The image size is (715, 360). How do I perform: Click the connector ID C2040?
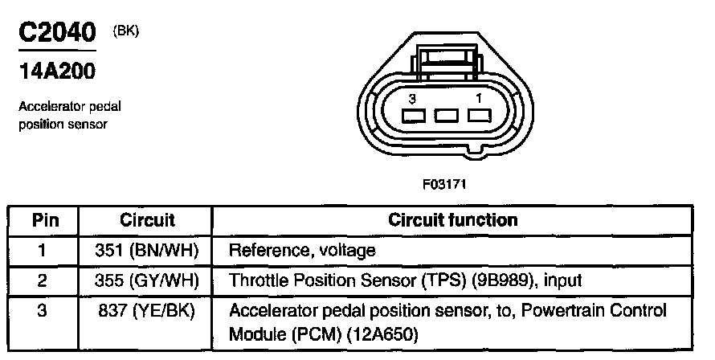pyautogui.click(x=58, y=32)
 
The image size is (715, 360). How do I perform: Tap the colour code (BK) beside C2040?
pyautogui.click(x=125, y=31)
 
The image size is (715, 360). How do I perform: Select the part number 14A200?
pyautogui.click(x=57, y=72)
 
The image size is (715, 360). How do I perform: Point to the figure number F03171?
pyautogui.click(x=444, y=184)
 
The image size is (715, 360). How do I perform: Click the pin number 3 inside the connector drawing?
pyautogui.click(x=412, y=99)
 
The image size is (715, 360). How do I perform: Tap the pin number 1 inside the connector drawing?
pyautogui.click(x=479, y=98)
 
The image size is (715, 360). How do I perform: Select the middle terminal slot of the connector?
pyautogui.click(x=447, y=116)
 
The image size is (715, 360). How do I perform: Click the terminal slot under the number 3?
pyautogui.click(x=413, y=116)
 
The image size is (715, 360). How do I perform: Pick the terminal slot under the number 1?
pyautogui.click(x=480, y=116)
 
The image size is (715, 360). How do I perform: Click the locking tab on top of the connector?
pyautogui.click(x=447, y=62)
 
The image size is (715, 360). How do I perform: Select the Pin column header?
pyautogui.click(x=46, y=220)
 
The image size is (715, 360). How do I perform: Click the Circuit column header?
pyautogui.click(x=147, y=220)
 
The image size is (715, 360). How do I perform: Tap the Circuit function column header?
pyautogui.click(x=453, y=220)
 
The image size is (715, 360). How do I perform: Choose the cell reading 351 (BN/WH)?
pyautogui.click(x=147, y=250)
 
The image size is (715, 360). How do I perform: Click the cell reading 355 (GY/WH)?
pyautogui.click(x=147, y=280)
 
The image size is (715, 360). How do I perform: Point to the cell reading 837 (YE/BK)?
pyautogui.click(x=147, y=311)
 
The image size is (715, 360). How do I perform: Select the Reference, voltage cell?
pyautogui.click(x=302, y=250)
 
